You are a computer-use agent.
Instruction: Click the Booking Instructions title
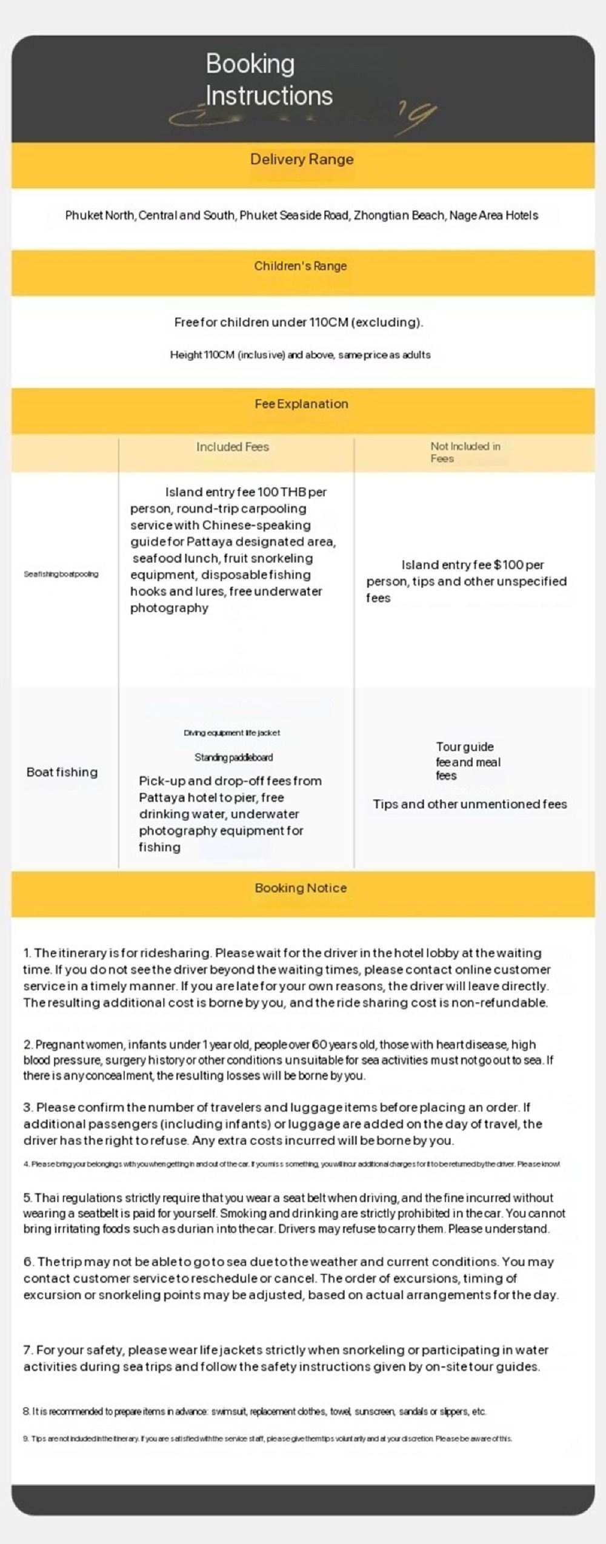point(268,79)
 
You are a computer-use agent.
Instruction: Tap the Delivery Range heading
point(302,159)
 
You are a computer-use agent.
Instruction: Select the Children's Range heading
point(301,266)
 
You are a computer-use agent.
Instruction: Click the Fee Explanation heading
point(301,404)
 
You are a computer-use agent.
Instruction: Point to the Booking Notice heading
point(301,888)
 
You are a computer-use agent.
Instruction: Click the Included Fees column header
point(232,447)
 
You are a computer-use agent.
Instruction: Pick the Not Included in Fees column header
point(465,452)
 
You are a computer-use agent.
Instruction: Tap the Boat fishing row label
point(62,772)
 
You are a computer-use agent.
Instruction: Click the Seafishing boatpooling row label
point(61,574)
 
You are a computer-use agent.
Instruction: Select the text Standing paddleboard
point(233,757)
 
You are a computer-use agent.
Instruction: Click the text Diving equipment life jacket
point(231,733)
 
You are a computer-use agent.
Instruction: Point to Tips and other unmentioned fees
point(470,804)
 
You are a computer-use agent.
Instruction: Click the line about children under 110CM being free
point(298,322)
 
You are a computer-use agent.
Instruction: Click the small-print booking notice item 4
point(291,1164)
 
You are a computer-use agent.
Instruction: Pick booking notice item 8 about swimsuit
point(255,1411)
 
